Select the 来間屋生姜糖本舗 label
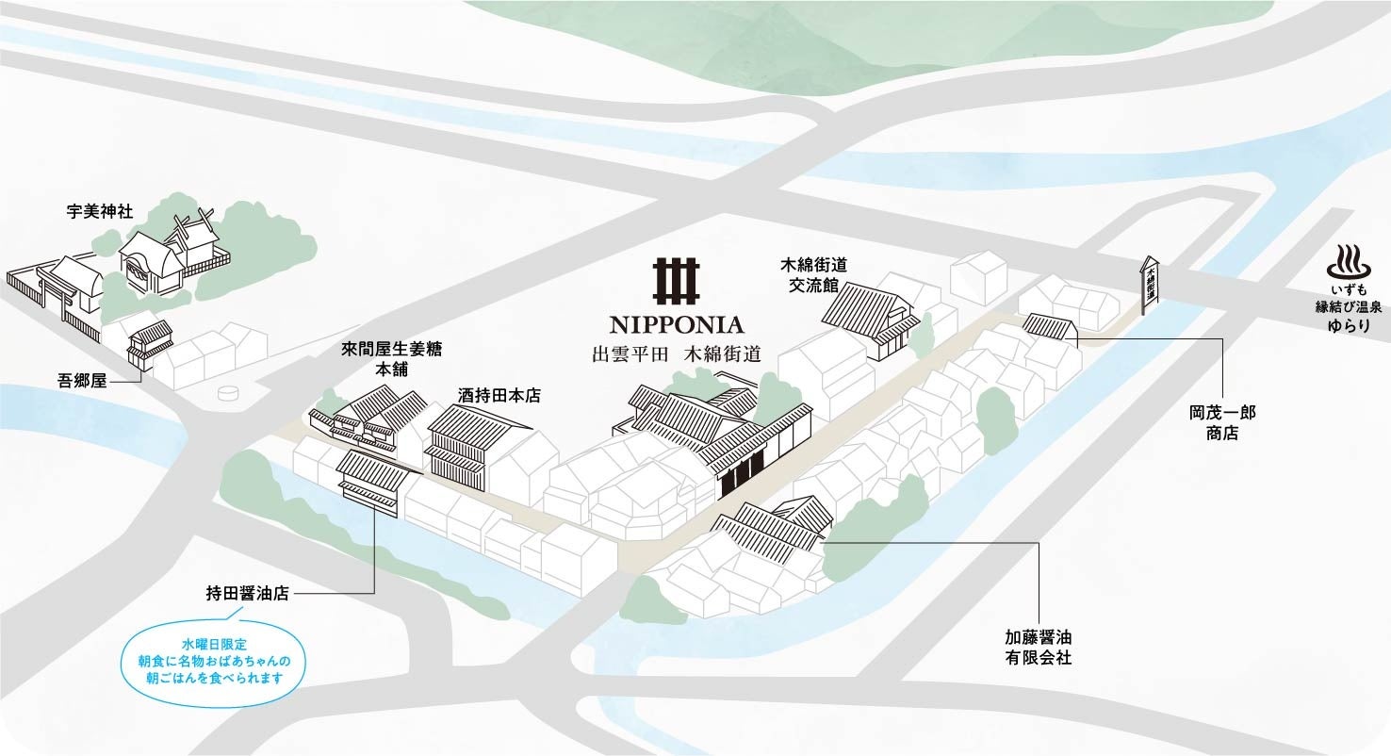coord(390,358)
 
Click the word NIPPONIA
coord(677,325)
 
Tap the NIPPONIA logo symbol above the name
coord(677,278)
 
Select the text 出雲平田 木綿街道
coord(677,355)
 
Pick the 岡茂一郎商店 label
coord(1222,422)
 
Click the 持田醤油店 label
coord(247,594)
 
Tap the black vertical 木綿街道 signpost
coord(1150,285)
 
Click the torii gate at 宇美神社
coord(57,287)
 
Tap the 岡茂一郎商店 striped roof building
coord(1049,326)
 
